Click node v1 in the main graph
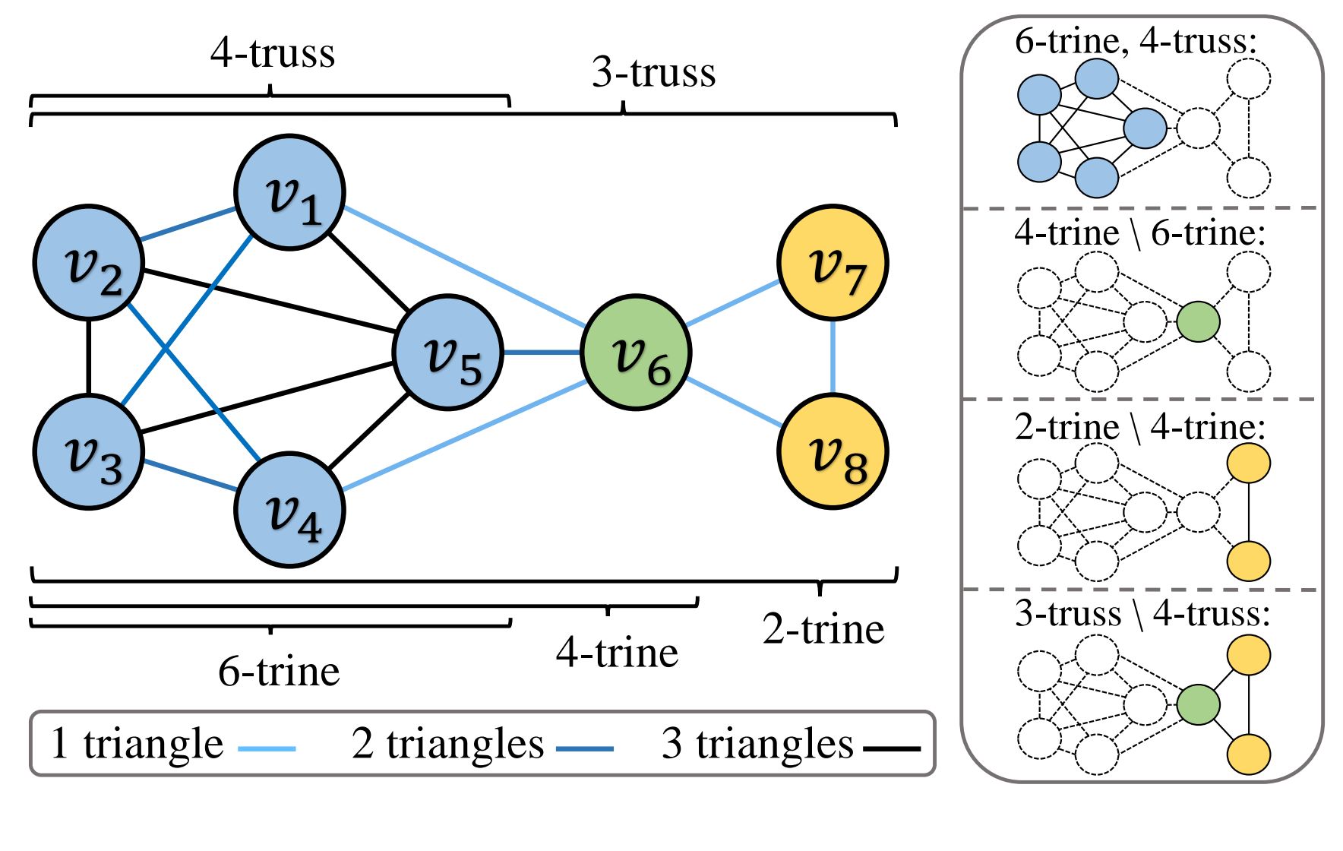pos(289,192)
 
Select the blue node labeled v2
pos(89,262)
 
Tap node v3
pos(89,452)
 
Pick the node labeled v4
pos(289,510)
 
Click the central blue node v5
pos(448,353)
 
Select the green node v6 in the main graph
pos(636,353)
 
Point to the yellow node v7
pos(833,262)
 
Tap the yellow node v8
pos(833,452)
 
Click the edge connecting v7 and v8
pos(833,357)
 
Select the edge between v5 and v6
pos(542,353)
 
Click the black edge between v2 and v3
pos(89,357)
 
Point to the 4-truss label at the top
pos(272,53)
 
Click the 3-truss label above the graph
pos(653,73)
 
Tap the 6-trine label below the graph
pos(279,671)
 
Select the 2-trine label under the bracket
pos(823,629)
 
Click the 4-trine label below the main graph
pos(617,653)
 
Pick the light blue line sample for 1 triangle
pos(267,749)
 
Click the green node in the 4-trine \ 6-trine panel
pos(1198,321)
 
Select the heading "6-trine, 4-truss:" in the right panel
pos(1136,41)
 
